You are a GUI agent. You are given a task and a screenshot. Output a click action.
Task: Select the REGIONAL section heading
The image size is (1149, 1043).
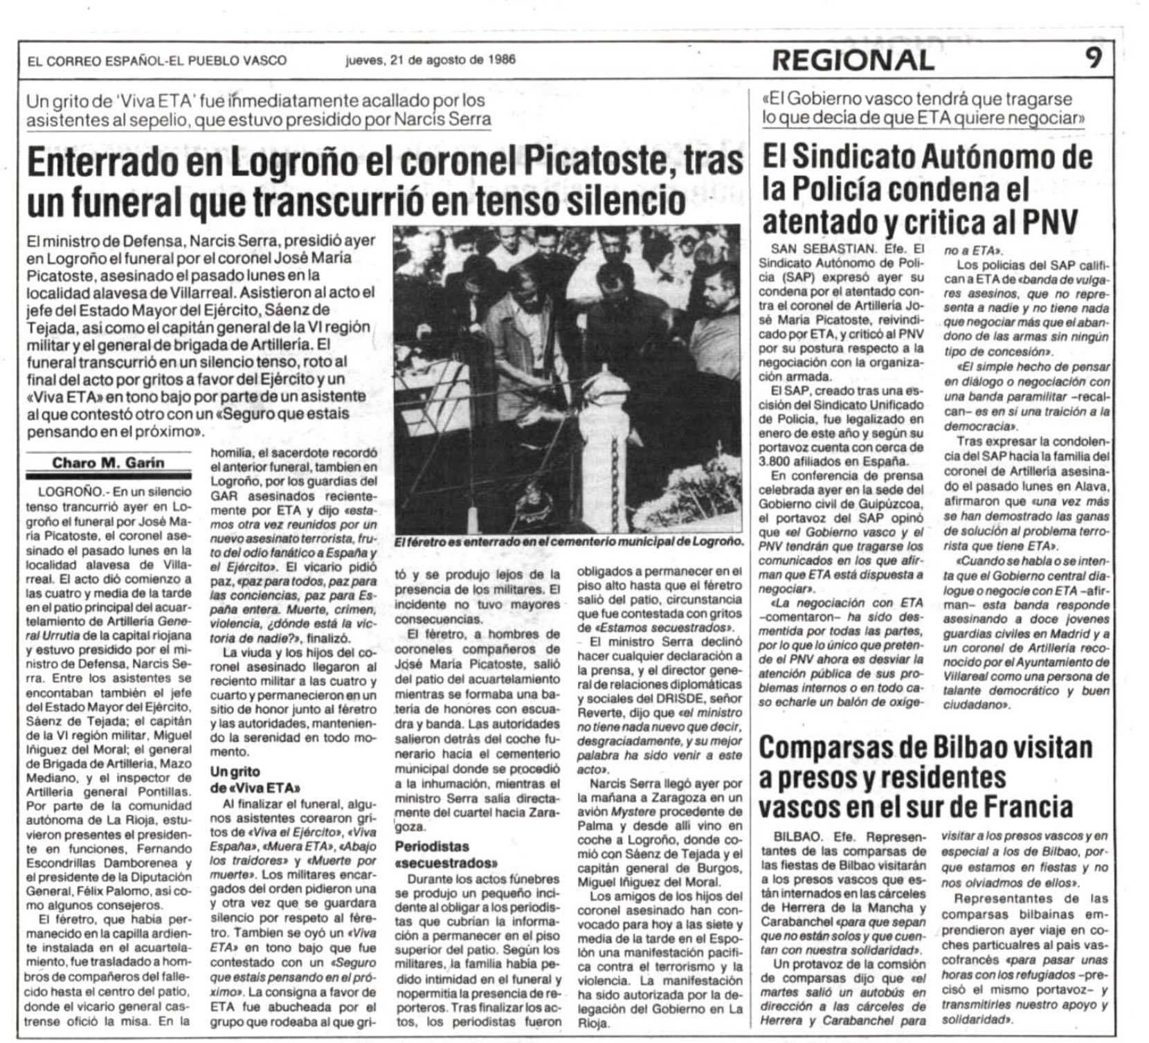[x=853, y=60]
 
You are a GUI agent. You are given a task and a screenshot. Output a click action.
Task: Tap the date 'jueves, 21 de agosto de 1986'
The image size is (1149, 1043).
[x=431, y=60]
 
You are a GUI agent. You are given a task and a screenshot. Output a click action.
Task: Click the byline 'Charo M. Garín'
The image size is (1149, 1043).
[x=109, y=463]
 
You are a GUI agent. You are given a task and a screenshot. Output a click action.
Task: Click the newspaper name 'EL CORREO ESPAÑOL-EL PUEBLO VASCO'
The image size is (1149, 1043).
[x=157, y=60]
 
